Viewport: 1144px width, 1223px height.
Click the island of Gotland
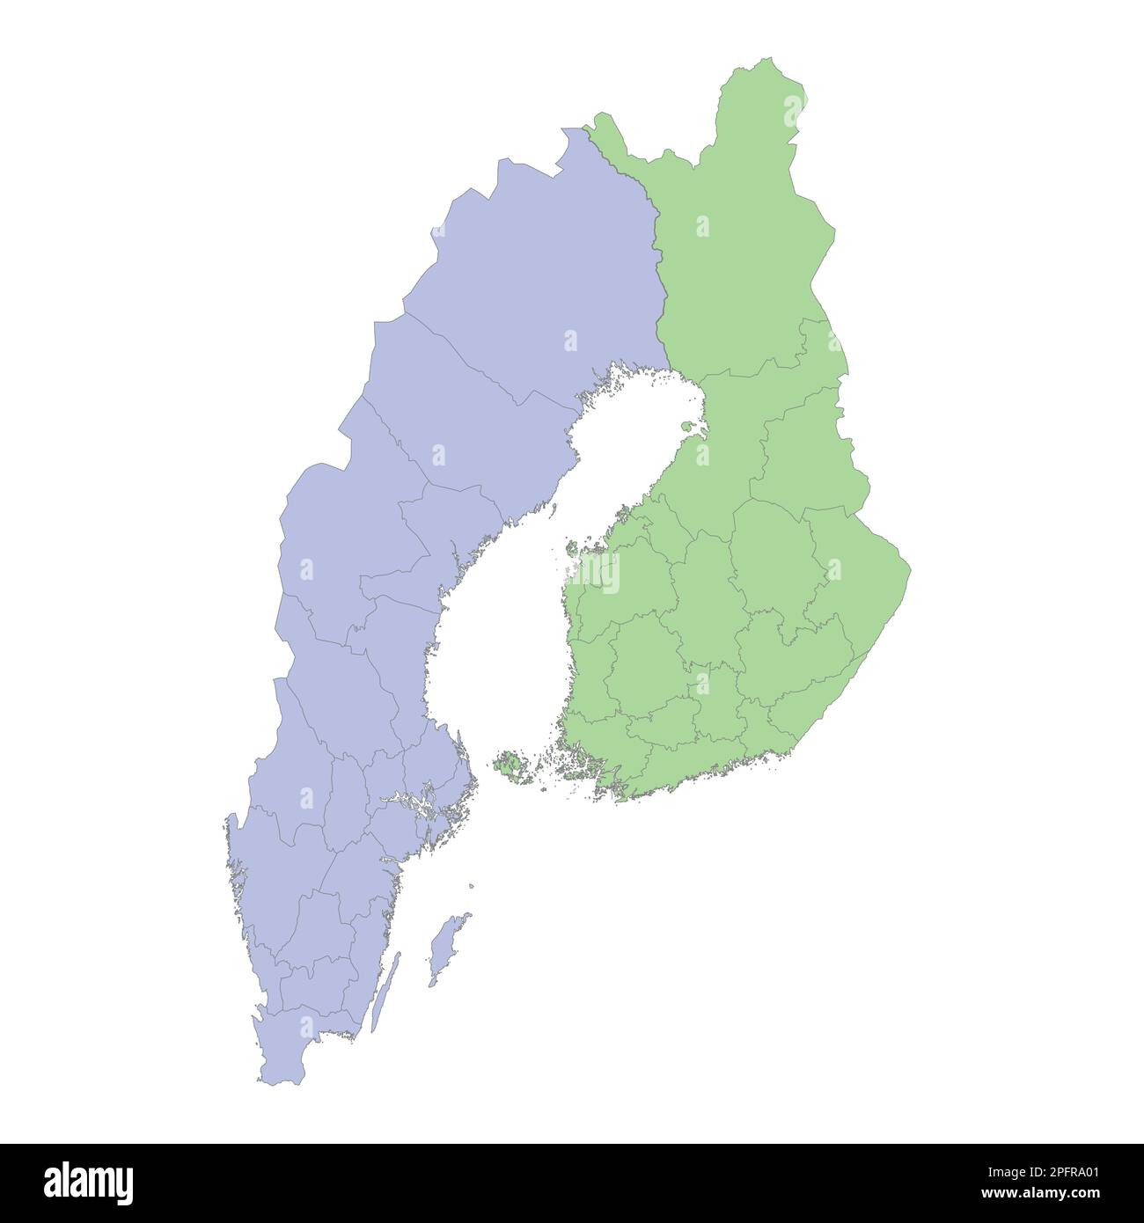446,946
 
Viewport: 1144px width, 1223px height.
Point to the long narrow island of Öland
384,990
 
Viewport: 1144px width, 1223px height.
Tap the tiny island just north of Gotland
472,886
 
